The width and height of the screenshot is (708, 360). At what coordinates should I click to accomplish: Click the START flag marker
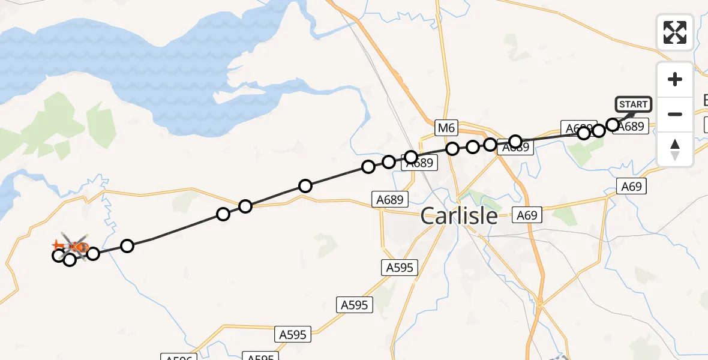pyautogui.click(x=633, y=104)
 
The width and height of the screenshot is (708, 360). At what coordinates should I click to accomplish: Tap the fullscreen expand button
pyautogui.click(x=675, y=32)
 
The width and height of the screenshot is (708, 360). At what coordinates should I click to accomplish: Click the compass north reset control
pyautogui.click(x=675, y=149)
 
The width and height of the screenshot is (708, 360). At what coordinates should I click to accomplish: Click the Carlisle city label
pyautogui.click(x=459, y=215)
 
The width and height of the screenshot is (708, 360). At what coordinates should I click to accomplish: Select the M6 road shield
pyautogui.click(x=446, y=127)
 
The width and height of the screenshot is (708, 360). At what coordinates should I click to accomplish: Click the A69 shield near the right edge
pyautogui.click(x=632, y=187)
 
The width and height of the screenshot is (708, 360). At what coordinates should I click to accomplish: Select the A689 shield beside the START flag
pyautogui.click(x=632, y=127)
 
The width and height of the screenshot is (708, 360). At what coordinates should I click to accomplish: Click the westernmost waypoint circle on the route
pyautogui.click(x=58, y=256)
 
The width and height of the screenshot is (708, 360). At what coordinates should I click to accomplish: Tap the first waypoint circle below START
pyautogui.click(x=613, y=125)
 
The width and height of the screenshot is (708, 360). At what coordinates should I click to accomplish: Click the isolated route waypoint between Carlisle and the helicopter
pyautogui.click(x=305, y=186)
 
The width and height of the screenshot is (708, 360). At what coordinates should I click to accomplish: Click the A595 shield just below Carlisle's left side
pyautogui.click(x=400, y=268)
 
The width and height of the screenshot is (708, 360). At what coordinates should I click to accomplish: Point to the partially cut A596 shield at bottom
pyautogui.click(x=179, y=358)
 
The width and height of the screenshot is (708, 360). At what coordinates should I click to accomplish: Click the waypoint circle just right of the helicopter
pyautogui.click(x=93, y=253)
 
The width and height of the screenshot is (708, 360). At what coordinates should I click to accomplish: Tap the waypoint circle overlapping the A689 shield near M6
pyautogui.click(x=411, y=157)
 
